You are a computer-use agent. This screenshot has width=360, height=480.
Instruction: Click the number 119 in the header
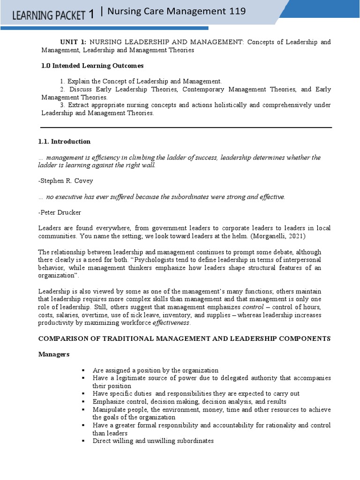pyautogui.click(x=236, y=12)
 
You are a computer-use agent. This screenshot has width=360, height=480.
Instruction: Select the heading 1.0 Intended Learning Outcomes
pyautogui.click(x=92, y=66)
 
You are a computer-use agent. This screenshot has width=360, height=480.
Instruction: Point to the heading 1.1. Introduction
pyautogui.click(x=64, y=142)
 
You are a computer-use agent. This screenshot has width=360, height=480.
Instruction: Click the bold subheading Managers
pyautogui.click(x=53, y=354)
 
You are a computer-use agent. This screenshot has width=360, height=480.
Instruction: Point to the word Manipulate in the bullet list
pyautogui.click(x=109, y=410)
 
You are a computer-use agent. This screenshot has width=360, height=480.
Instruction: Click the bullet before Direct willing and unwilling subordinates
pyautogui.click(x=83, y=441)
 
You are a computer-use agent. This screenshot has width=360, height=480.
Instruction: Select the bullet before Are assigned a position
pyautogui.click(x=83, y=370)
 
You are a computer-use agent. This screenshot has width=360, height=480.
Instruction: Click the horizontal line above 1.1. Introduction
pyautogui.click(x=186, y=127)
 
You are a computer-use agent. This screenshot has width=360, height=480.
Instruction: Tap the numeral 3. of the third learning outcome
pyautogui.click(x=63, y=105)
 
